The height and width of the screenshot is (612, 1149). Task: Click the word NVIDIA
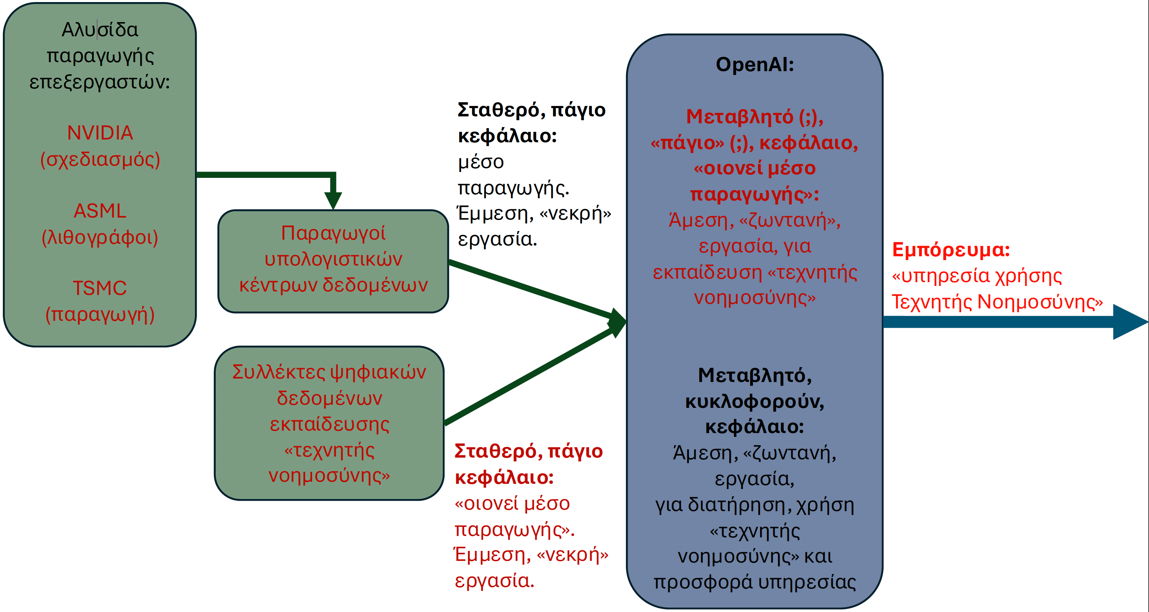100,133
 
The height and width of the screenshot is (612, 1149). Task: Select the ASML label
100,211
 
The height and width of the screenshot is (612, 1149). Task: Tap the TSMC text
100,288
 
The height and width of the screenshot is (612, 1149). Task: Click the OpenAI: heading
755,65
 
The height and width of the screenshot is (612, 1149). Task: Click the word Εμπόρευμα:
951,250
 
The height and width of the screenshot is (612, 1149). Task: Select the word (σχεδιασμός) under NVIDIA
100,160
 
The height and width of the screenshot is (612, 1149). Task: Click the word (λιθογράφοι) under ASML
100,237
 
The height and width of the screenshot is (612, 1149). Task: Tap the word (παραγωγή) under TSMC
100,315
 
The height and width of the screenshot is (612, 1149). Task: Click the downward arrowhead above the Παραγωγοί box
333,201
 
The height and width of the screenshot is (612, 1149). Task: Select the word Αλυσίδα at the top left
100,30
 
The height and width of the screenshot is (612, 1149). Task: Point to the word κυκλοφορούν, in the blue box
755,402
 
